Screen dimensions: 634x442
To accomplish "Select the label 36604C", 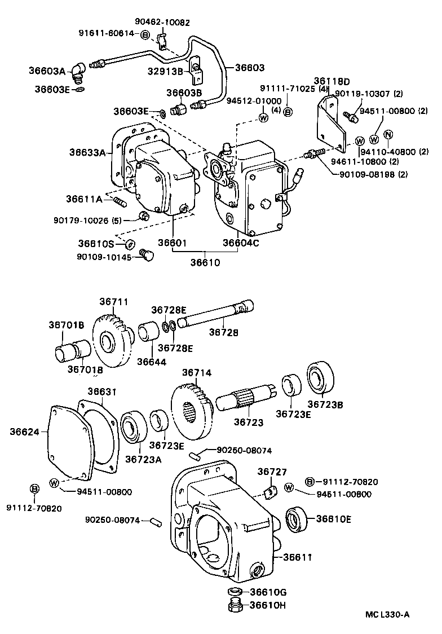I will pyautogui.click(x=240, y=243).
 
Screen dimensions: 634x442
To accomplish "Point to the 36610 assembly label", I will pyautogui.click(x=205, y=262).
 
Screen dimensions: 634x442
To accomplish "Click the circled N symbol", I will pyautogui.click(x=388, y=134).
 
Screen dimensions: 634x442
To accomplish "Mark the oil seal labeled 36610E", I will pyautogui.click(x=297, y=519).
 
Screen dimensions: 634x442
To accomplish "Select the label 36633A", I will pyautogui.click(x=87, y=152).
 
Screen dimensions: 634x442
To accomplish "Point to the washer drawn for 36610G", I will pyautogui.click(x=236, y=592).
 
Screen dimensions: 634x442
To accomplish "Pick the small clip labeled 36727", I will pyautogui.click(x=269, y=493).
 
